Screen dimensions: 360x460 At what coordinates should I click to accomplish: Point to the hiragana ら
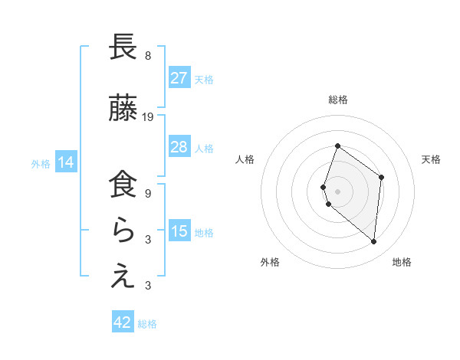click(x=123, y=231)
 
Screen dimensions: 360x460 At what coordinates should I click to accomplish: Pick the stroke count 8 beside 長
click(x=148, y=56)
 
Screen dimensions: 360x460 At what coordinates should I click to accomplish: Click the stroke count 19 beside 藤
click(x=148, y=117)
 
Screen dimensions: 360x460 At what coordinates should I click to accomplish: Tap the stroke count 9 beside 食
click(x=148, y=194)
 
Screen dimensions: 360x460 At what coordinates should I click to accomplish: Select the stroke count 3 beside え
click(x=148, y=286)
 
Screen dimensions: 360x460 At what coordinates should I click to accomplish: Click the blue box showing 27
click(x=179, y=78)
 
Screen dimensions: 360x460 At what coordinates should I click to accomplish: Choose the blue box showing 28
click(x=179, y=147)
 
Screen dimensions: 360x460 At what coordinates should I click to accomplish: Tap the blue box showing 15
click(x=179, y=231)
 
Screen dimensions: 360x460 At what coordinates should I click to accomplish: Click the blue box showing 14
click(x=66, y=162)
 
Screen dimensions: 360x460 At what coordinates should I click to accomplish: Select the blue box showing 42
click(x=123, y=322)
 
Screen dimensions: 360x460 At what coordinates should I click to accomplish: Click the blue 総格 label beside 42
click(x=147, y=324)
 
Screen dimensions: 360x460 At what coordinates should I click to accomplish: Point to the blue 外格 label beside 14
click(x=41, y=163)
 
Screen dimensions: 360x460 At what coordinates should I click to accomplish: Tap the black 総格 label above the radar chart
click(x=337, y=100)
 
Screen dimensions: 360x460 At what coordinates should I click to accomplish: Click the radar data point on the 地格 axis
click(x=373, y=242)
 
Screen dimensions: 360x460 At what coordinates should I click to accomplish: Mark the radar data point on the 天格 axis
click(x=381, y=177)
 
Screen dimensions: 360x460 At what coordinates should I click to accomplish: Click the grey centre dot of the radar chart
click(x=337, y=191)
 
